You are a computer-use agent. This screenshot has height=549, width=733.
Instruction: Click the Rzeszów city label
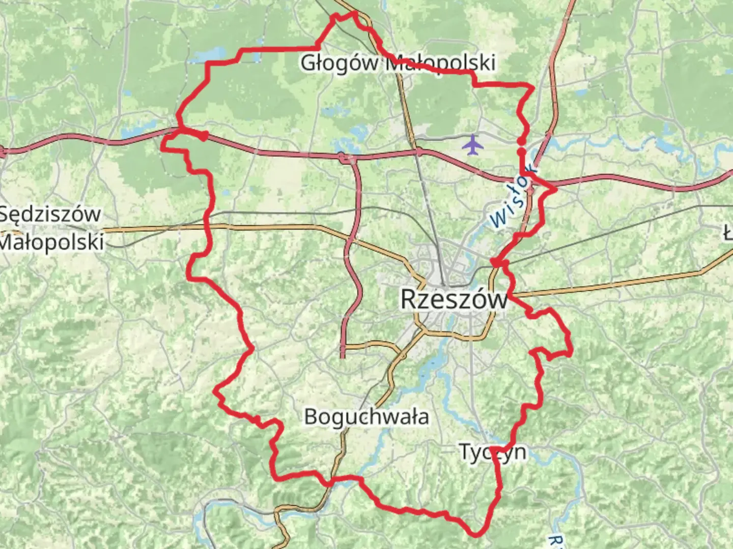[454, 299]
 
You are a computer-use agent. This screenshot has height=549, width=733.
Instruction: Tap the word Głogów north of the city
[340, 63]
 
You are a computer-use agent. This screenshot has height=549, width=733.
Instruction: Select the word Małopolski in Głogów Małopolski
[440, 63]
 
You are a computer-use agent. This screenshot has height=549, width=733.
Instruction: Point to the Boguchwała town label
[366, 417]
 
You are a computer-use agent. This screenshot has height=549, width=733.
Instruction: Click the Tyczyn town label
[492, 451]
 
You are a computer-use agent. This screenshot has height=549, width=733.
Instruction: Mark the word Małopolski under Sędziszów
[51, 241]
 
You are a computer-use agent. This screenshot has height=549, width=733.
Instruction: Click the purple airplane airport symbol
[473, 144]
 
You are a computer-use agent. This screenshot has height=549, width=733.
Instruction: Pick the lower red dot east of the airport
[521, 151]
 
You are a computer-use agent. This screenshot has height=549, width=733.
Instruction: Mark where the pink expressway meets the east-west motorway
[346, 159]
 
